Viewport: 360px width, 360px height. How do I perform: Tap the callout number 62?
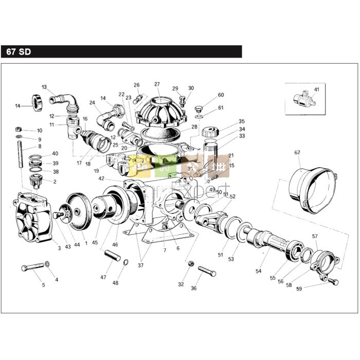[297, 152]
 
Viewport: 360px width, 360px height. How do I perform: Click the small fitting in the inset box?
[302, 97]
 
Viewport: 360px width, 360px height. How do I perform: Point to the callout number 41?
[316, 89]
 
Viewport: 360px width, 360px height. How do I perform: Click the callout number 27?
[157, 84]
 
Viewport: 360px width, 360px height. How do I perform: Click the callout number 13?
[44, 87]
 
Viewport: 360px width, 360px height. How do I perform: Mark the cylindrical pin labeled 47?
[113, 255]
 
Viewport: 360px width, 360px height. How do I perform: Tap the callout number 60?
[221, 95]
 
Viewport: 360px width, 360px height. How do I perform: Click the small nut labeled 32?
[190, 263]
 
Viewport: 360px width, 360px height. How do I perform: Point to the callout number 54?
[259, 271]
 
